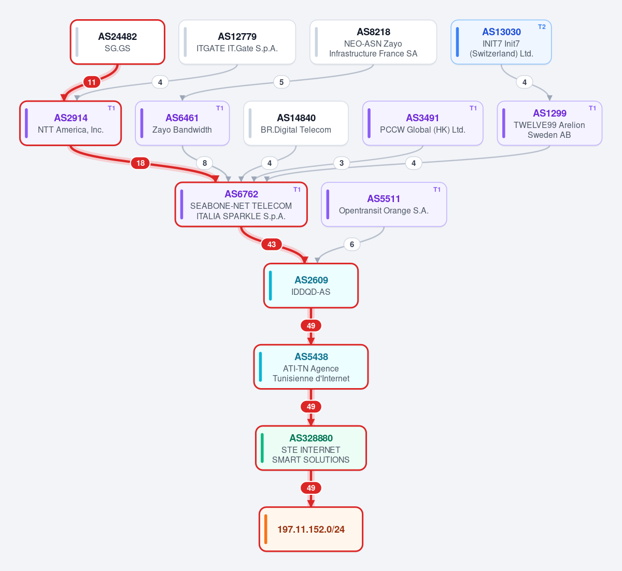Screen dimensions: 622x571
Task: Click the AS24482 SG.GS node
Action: click(117, 42)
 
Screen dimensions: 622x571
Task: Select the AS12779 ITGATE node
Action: click(237, 42)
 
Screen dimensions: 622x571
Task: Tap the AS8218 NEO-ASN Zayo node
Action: click(373, 42)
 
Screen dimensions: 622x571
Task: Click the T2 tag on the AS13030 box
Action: click(542, 27)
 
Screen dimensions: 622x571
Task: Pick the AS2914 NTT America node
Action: click(70, 123)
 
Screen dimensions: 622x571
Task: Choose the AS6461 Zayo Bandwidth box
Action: click(182, 123)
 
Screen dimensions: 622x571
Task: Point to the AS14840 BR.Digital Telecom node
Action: click(296, 123)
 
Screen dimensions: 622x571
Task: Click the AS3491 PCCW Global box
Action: click(423, 123)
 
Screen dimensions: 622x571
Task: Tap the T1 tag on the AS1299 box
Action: click(592, 108)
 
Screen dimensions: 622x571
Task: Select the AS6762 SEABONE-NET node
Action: click(241, 204)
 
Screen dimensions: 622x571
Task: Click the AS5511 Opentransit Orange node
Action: click(384, 204)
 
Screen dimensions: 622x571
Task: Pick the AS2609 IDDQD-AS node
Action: click(311, 285)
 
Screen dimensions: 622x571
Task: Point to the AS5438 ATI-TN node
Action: click(311, 367)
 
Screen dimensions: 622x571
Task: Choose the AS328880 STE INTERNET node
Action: click(311, 448)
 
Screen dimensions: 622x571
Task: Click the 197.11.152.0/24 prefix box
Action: click(311, 529)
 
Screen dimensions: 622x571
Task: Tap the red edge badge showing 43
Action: click(272, 244)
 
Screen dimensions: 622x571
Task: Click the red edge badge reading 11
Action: click(92, 82)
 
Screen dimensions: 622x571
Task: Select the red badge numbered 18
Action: click(140, 163)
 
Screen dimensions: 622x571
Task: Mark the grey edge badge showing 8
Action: click(205, 163)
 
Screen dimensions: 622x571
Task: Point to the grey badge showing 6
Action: click(352, 244)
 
